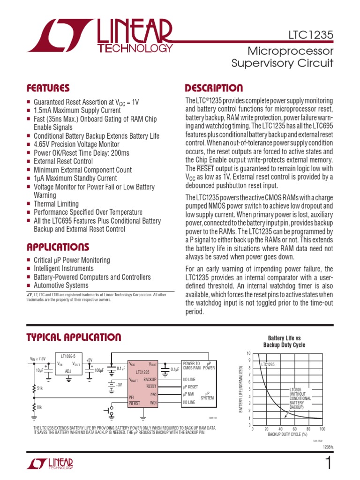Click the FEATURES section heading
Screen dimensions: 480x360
48,88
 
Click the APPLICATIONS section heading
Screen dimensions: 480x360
58,247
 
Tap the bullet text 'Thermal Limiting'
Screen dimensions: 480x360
56,204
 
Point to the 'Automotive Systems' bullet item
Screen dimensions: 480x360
61,285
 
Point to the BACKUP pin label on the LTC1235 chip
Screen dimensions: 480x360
150,379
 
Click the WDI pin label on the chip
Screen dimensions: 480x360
153,403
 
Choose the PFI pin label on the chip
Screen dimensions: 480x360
132,397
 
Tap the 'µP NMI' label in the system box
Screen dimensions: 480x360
188,395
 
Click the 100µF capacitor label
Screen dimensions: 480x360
99,371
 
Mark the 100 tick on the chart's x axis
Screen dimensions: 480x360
322,429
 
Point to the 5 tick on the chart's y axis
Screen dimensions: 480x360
249,389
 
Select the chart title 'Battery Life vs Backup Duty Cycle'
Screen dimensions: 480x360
286,341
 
